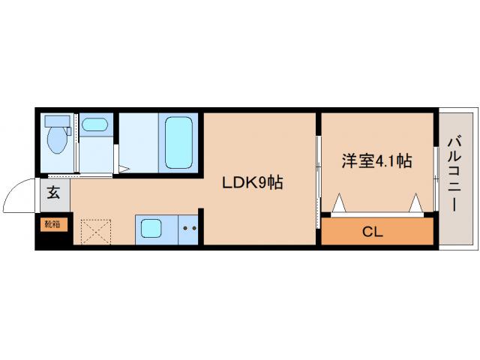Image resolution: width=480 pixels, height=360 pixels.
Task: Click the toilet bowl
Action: point(55,139)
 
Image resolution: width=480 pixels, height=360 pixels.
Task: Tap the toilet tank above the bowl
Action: point(56,120)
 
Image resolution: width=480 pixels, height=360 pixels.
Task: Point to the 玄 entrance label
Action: point(54,193)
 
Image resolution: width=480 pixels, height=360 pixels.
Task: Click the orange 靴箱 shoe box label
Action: point(52,223)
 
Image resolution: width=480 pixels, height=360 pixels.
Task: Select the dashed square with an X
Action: point(95,232)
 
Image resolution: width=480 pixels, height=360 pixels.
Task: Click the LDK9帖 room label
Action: point(251,182)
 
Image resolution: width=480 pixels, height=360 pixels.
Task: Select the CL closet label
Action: point(373,232)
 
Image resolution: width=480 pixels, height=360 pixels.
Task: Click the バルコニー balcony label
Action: point(454,172)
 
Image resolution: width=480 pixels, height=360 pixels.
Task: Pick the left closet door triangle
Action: point(337,202)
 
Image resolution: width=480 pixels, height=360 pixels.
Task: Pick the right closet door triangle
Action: point(417,202)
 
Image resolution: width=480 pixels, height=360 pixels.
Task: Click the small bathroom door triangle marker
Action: point(122,169)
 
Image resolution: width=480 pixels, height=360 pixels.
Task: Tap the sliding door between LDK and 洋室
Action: point(317,180)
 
